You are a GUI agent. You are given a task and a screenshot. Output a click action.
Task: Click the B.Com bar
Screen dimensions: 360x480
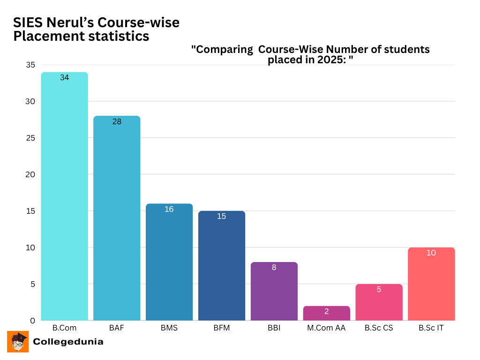pyautogui.click(x=64, y=197)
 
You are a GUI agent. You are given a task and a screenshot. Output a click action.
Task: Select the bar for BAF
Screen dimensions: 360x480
pyautogui.click(x=117, y=218)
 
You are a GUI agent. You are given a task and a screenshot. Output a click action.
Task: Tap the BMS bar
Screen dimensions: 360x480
pyautogui.click(x=169, y=262)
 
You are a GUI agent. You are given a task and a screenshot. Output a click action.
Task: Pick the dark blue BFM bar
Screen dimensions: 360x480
pyautogui.click(x=222, y=266)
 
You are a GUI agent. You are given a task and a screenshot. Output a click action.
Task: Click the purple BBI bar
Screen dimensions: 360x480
pyautogui.click(x=274, y=292)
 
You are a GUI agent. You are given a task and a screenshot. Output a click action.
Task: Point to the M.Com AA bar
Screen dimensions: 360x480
pyautogui.click(x=326, y=314)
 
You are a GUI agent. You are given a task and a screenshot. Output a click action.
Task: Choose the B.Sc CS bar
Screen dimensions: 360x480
pyautogui.click(x=379, y=302)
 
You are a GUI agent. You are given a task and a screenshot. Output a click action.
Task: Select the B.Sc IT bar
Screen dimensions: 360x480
pyautogui.click(x=431, y=284)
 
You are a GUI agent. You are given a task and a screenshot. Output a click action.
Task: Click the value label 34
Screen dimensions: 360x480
pyautogui.click(x=64, y=78)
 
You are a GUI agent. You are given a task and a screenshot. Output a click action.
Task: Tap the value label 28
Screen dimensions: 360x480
pyautogui.click(x=117, y=122)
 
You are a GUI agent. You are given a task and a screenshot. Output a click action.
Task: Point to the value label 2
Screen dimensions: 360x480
pyautogui.click(x=326, y=311)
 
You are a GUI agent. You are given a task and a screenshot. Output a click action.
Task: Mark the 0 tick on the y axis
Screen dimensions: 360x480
pyautogui.click(x=32, y=321)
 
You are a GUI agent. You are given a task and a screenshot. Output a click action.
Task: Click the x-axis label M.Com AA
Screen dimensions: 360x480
pyautogui.click(x=326, y=328)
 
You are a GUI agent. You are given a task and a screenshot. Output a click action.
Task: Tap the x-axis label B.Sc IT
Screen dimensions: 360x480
pyautogui.click(x=431, y=328)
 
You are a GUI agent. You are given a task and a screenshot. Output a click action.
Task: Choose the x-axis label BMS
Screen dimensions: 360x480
pyautogui.click(x=169, y=328)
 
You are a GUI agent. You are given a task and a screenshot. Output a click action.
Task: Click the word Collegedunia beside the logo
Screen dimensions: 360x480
pyautogui.click(x=68, y=342)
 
